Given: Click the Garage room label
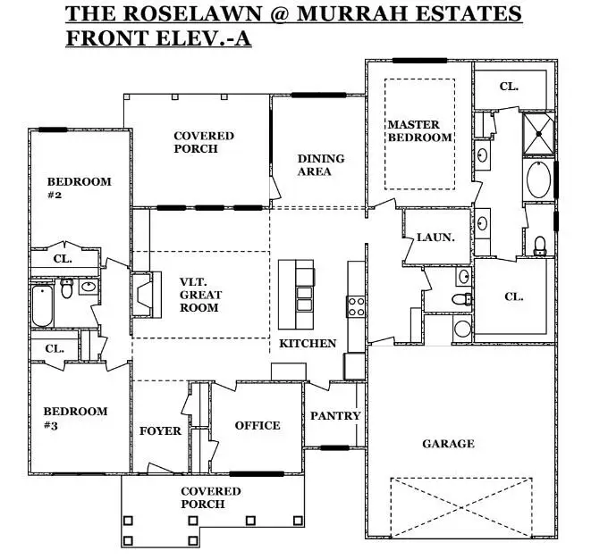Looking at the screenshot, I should pos(448,444).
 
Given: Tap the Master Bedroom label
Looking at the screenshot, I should pos(419,130).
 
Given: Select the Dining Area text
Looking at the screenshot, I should pos(321,164).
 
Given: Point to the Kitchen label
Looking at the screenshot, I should pos(308,343).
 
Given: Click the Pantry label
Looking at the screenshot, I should pos(335,415).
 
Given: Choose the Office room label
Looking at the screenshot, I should pos(258,426).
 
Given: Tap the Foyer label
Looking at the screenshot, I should pos(161,430).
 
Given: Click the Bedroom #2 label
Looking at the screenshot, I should pos(79,188).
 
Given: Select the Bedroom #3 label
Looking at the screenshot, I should pos(75,418).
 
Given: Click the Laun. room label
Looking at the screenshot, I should pos(435,238).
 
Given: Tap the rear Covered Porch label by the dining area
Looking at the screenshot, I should pos(204,142).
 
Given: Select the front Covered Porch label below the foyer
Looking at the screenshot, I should pos(211,497).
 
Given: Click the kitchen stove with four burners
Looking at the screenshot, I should pos(356,306).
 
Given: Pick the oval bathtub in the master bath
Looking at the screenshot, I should pos(538,179).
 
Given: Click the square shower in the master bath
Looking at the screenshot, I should pos(538,131).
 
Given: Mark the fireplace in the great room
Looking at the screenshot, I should pos(143,293).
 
